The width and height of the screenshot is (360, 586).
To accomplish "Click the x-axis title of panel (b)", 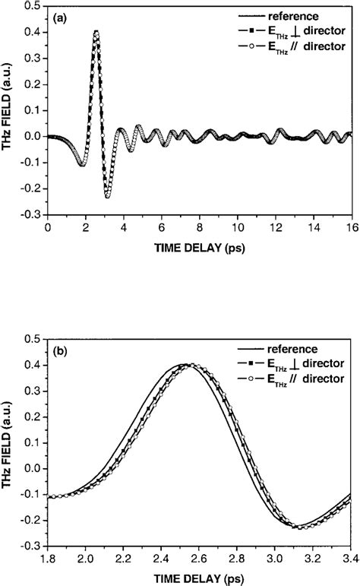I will point(200,578).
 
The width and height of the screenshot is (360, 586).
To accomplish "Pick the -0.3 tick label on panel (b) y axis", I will point(30,545).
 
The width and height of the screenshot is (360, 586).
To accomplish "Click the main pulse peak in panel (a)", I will point(96,31).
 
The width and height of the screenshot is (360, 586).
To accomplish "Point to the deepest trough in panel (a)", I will point(107,197).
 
